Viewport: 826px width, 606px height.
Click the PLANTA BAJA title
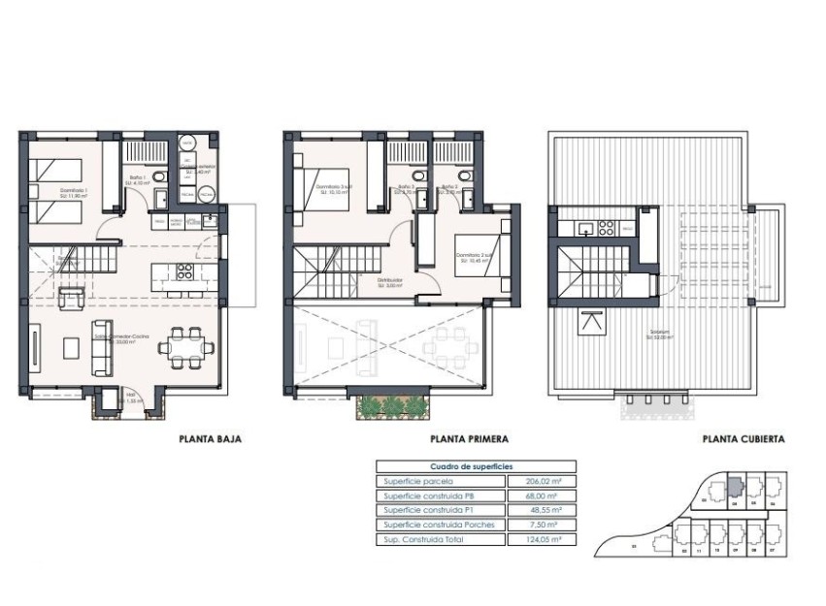(210, 438)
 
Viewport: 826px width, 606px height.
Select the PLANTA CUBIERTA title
(743, 438)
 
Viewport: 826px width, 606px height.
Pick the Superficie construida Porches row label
(439, 525)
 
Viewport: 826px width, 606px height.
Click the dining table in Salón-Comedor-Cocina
(183, 346)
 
